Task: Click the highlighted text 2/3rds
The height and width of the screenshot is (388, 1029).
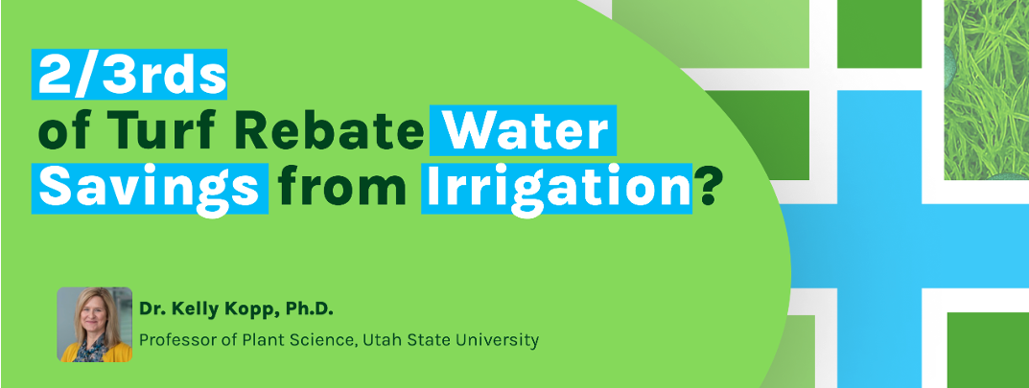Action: click(x=129, y=74)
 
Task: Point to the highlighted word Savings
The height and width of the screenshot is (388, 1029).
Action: click(x=151, y=188)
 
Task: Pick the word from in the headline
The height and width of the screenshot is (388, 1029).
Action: click(x=342, y=188)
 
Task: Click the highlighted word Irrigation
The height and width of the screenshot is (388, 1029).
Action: click(x=556, y=188)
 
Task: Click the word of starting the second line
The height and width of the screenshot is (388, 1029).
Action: click(x=61, y=131)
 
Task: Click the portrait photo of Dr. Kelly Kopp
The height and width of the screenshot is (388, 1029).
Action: click(x=95, y=325)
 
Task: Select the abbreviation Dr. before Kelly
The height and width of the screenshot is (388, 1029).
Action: click(x=151, y=309)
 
